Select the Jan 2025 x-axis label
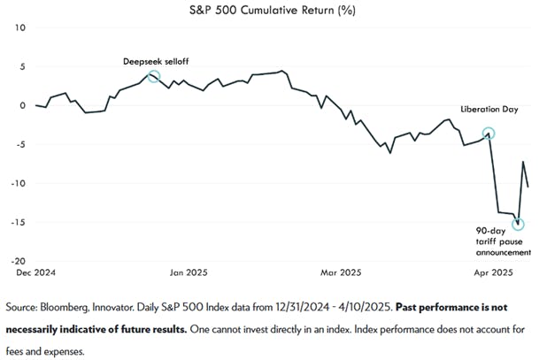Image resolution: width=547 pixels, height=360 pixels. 188,273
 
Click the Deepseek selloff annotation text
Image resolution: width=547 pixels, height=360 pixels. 156,61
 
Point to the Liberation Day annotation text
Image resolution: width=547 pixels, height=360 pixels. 489,110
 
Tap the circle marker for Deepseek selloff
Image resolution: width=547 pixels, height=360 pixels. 154,77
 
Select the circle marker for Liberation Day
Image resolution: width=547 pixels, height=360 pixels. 489,134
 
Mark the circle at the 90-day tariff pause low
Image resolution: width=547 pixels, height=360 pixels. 518,224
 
